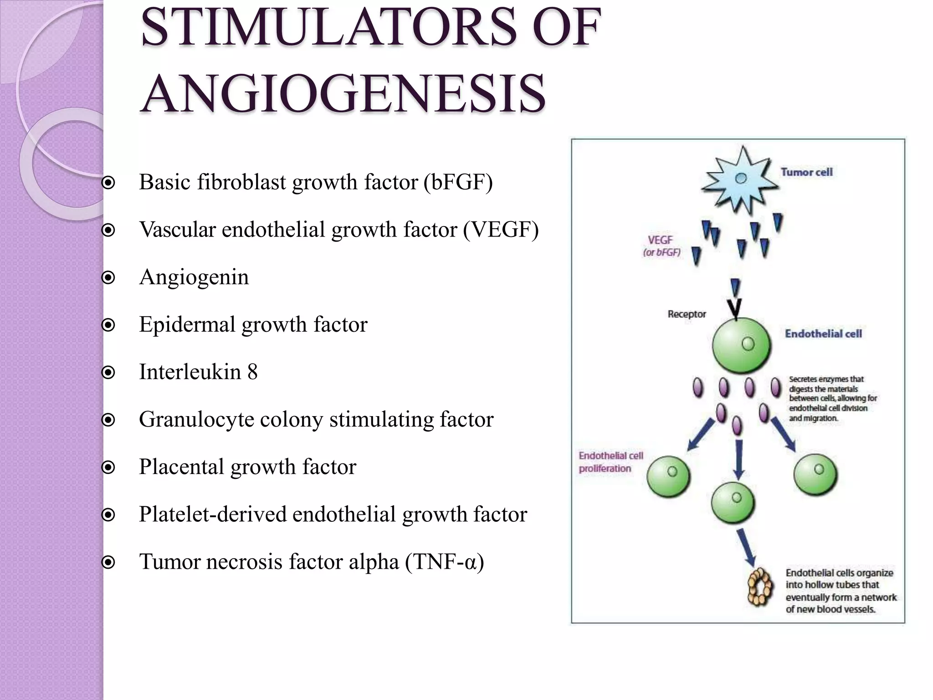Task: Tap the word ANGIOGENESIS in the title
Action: point(343,94)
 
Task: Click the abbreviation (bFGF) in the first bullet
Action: point(458,182)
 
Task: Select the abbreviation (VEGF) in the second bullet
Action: point(501,230)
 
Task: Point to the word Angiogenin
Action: point(194,277)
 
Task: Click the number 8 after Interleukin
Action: point(252,372)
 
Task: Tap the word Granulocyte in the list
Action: point(196,420)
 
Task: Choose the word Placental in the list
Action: point(182,467)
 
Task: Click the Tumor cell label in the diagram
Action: point(806,172)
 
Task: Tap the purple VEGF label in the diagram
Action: point(660,240)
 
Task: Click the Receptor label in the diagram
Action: point(687,314)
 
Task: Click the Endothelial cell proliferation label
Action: point(610,462)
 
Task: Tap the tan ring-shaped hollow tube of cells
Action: point(759,587)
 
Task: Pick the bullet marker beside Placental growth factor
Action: point(108,468)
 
